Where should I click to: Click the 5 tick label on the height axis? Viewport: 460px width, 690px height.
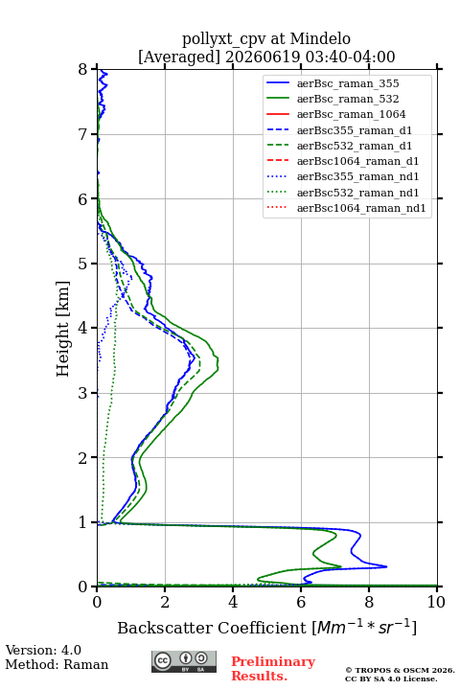83,264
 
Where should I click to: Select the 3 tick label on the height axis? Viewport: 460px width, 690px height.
83,393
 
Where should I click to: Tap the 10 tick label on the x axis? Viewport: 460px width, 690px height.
436,602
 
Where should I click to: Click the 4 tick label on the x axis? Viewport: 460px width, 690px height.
233,602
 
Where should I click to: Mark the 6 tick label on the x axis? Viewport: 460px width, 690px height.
301,602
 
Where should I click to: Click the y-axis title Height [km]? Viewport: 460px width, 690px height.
63,329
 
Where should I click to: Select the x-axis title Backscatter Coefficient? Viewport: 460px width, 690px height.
211,628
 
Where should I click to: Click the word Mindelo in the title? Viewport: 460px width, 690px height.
320,38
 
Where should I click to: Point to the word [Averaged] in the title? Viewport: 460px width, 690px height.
179,57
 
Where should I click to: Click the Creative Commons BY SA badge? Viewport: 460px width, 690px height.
184,662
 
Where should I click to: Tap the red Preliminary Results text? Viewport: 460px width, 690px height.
273,669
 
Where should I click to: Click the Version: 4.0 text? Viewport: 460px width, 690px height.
43,650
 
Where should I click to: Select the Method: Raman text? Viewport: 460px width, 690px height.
57,664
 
